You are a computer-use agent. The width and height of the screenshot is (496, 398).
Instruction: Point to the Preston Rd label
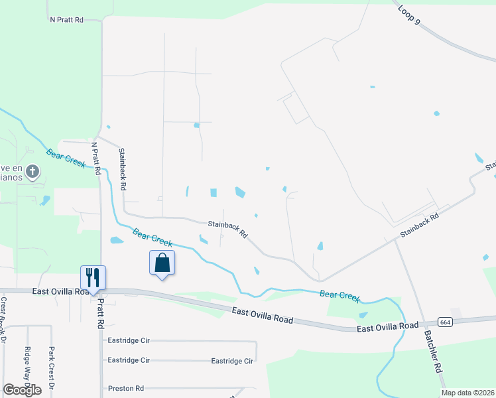click(x=126, y=388)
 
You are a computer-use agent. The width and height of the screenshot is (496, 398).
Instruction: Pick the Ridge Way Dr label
click(x=27, y=366)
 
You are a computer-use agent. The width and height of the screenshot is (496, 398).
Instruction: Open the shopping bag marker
click(x=162, y=263)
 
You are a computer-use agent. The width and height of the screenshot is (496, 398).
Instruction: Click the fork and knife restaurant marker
click(x=92, y=278)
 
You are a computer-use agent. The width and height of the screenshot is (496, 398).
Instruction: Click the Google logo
click(x=22, y=390)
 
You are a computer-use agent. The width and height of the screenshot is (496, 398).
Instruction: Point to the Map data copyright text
click(x=468, y=393)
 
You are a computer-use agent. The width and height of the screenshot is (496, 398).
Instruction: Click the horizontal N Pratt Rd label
click(x=66, y=20)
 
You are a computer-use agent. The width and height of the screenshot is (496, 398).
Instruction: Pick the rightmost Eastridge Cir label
click(x=232, y=361)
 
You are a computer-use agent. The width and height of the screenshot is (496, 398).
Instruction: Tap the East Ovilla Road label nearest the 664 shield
click(x=388, y=326)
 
